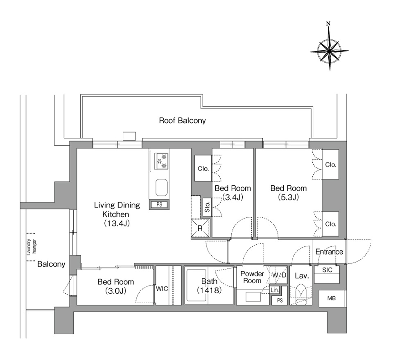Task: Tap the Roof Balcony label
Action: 183,121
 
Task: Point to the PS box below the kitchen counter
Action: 159,205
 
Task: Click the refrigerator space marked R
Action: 200,228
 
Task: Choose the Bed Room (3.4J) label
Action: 233,193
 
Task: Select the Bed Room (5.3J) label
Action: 289,193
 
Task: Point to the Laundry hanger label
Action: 32,247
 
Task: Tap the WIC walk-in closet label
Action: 162,289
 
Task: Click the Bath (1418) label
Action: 209,286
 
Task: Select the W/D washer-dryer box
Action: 279,275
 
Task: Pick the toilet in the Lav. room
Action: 300,294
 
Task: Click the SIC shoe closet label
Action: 327,270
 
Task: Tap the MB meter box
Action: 332,298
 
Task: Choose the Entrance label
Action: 329,252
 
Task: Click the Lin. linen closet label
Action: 275,290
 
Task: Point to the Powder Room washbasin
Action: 253,297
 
